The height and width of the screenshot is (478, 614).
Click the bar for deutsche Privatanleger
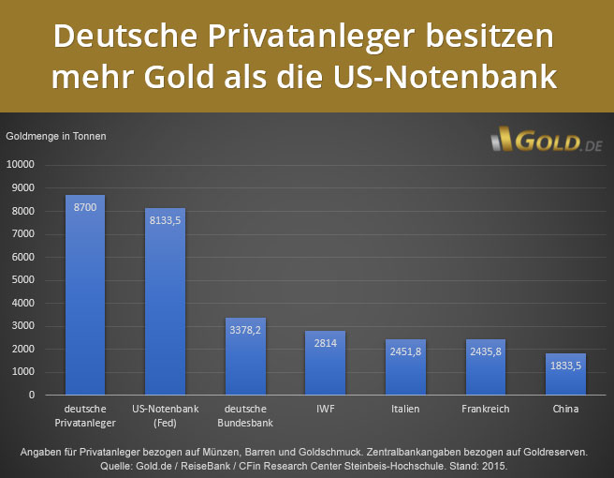click(x=85, y=300)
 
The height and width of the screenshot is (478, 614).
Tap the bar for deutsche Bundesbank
click(x=245, y=361)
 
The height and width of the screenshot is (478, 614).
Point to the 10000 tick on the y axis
click(x=21, y=165)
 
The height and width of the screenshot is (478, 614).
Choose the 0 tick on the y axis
click(x=31, y=396)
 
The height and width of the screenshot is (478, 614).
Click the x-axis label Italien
click(x=405, y=410)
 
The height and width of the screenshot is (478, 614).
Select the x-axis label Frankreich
click(x=485, y=410)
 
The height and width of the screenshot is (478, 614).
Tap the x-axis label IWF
click(x=325, y=410)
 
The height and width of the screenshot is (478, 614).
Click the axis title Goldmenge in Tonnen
click(x=56, y=136)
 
